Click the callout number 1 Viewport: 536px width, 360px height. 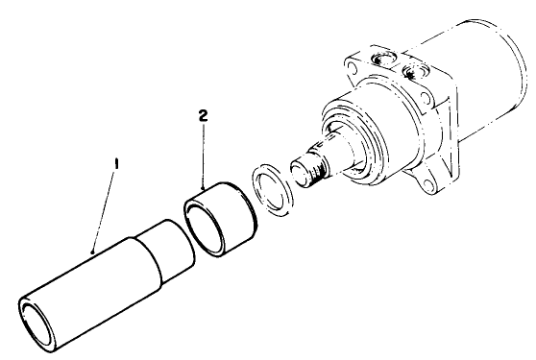pos(116,164)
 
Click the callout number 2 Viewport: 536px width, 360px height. pos(203,114)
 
